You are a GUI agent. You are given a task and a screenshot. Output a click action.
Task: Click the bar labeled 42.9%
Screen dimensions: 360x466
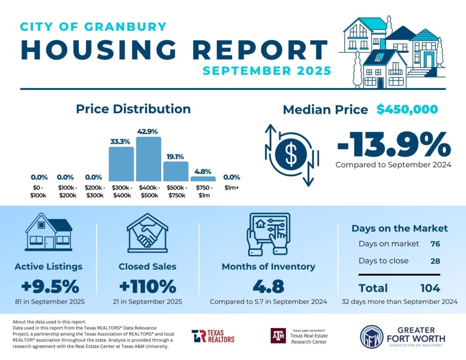tap(149, 159)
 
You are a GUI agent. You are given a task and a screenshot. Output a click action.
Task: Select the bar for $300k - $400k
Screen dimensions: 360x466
tap(122, 164)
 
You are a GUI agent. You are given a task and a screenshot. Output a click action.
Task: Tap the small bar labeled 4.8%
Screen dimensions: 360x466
tap(203, 179)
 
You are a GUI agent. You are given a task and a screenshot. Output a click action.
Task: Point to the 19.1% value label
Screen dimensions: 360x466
tap(175, 157)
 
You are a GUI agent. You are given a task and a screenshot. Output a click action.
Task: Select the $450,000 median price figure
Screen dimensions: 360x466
tap(407, 110)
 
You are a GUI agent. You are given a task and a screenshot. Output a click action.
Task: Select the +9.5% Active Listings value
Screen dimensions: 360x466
tap(50, 287)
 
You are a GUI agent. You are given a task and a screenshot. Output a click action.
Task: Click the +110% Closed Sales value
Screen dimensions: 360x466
tap(147, 287)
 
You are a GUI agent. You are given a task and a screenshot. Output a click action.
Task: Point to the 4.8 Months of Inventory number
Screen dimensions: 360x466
tap(268, 287)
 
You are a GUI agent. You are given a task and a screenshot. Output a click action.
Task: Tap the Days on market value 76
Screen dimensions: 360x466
tap(435, 244)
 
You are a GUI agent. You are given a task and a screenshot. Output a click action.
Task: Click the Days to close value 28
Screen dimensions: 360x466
tap(435, 261)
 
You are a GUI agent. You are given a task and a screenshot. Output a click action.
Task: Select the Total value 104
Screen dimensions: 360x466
tap(430, 288)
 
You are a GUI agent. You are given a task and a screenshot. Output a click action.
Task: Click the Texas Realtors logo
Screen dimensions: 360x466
tap(213, 336)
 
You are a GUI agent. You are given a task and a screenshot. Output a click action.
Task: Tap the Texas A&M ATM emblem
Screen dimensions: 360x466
tap(278, 336)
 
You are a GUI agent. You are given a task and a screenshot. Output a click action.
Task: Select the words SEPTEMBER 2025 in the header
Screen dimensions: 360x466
tap(267, 71)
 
